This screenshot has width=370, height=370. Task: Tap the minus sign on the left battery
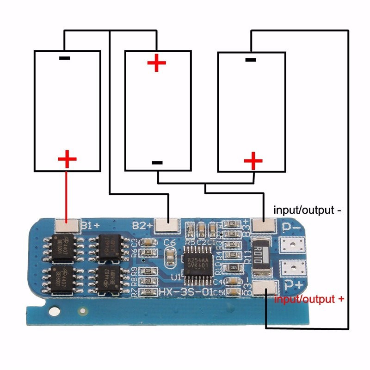pyautogui.click(x=65, y=59)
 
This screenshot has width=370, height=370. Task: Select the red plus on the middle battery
pyautogui.click(x=157, y=63)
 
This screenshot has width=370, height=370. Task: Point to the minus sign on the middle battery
pyautogui.click(x=157, y=162)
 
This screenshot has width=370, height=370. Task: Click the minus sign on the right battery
pyautogui.click(x=250, y=60)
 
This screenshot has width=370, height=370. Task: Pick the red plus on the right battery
pyautogui.click(x=253, y=161)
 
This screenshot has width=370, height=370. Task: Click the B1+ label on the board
pyautogui.click(x=91, y=225)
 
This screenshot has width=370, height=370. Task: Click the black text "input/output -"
pyautogui.click(x=308, y=210)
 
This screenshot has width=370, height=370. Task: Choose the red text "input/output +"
pyautogui.click(x=309, y=299)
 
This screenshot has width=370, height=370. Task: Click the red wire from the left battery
pyautogui.click(x=67, y=194)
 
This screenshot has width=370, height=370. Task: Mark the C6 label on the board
pyautogui.click(x=170, y=242)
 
